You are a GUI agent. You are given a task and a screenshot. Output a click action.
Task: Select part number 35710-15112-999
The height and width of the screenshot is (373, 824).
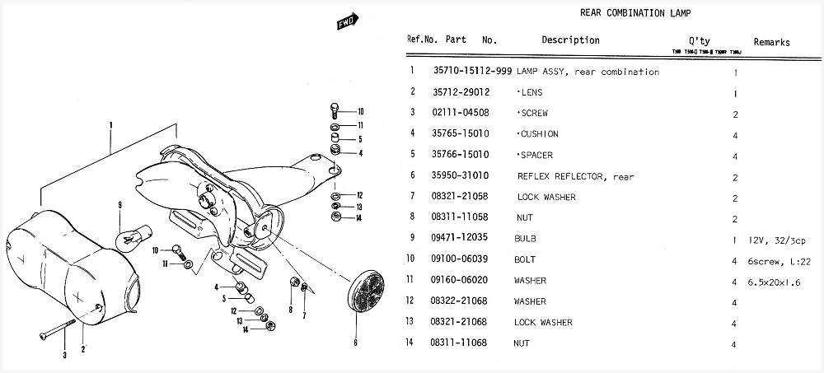point(472,72)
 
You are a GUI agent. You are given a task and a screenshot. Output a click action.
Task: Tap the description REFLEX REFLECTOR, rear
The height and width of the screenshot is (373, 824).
point(575,176)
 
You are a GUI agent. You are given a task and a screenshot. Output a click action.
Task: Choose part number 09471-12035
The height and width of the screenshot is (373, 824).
point(458,239)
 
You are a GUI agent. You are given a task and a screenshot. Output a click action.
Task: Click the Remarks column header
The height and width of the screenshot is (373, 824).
point(771,42)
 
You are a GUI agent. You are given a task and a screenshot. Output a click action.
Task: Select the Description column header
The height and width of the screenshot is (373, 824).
point(570,40)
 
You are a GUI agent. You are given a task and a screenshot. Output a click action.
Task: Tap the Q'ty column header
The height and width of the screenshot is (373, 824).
point(699,40)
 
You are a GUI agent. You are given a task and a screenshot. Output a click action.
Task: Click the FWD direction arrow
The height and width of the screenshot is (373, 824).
point(345,24)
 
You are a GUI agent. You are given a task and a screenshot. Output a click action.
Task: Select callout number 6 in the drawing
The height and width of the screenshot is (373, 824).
point(355,342)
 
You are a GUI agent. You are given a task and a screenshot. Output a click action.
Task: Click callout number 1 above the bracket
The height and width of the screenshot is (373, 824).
point(109,126)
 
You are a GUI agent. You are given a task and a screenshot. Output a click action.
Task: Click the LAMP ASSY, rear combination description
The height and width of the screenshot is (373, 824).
point(588,72)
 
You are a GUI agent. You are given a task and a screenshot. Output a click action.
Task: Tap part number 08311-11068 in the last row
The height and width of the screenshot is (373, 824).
point(458,343)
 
